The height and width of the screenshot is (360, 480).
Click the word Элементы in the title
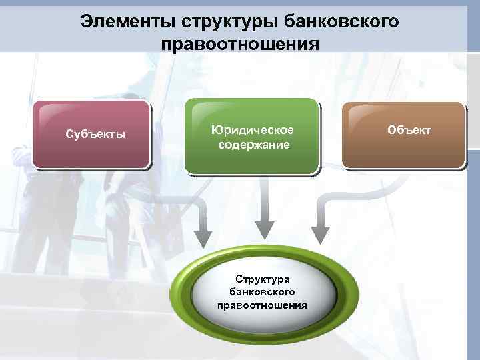pos(125,21)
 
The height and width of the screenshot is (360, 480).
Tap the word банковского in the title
pos(341,21)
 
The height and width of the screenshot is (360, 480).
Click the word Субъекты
pos(95,134)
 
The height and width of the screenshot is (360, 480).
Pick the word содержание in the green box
pos(253,144)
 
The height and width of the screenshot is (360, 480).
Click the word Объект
pos(409,129)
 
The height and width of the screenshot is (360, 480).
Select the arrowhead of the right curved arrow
pos(321,235)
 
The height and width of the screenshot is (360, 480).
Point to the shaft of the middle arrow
pos(265,200)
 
